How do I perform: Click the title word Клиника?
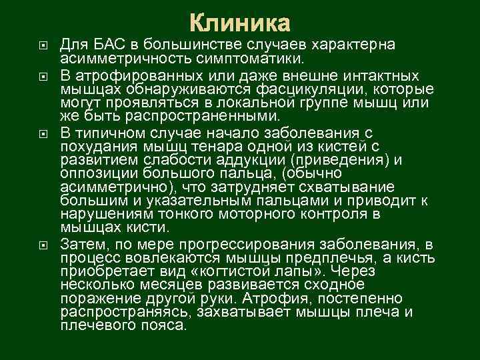240,23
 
